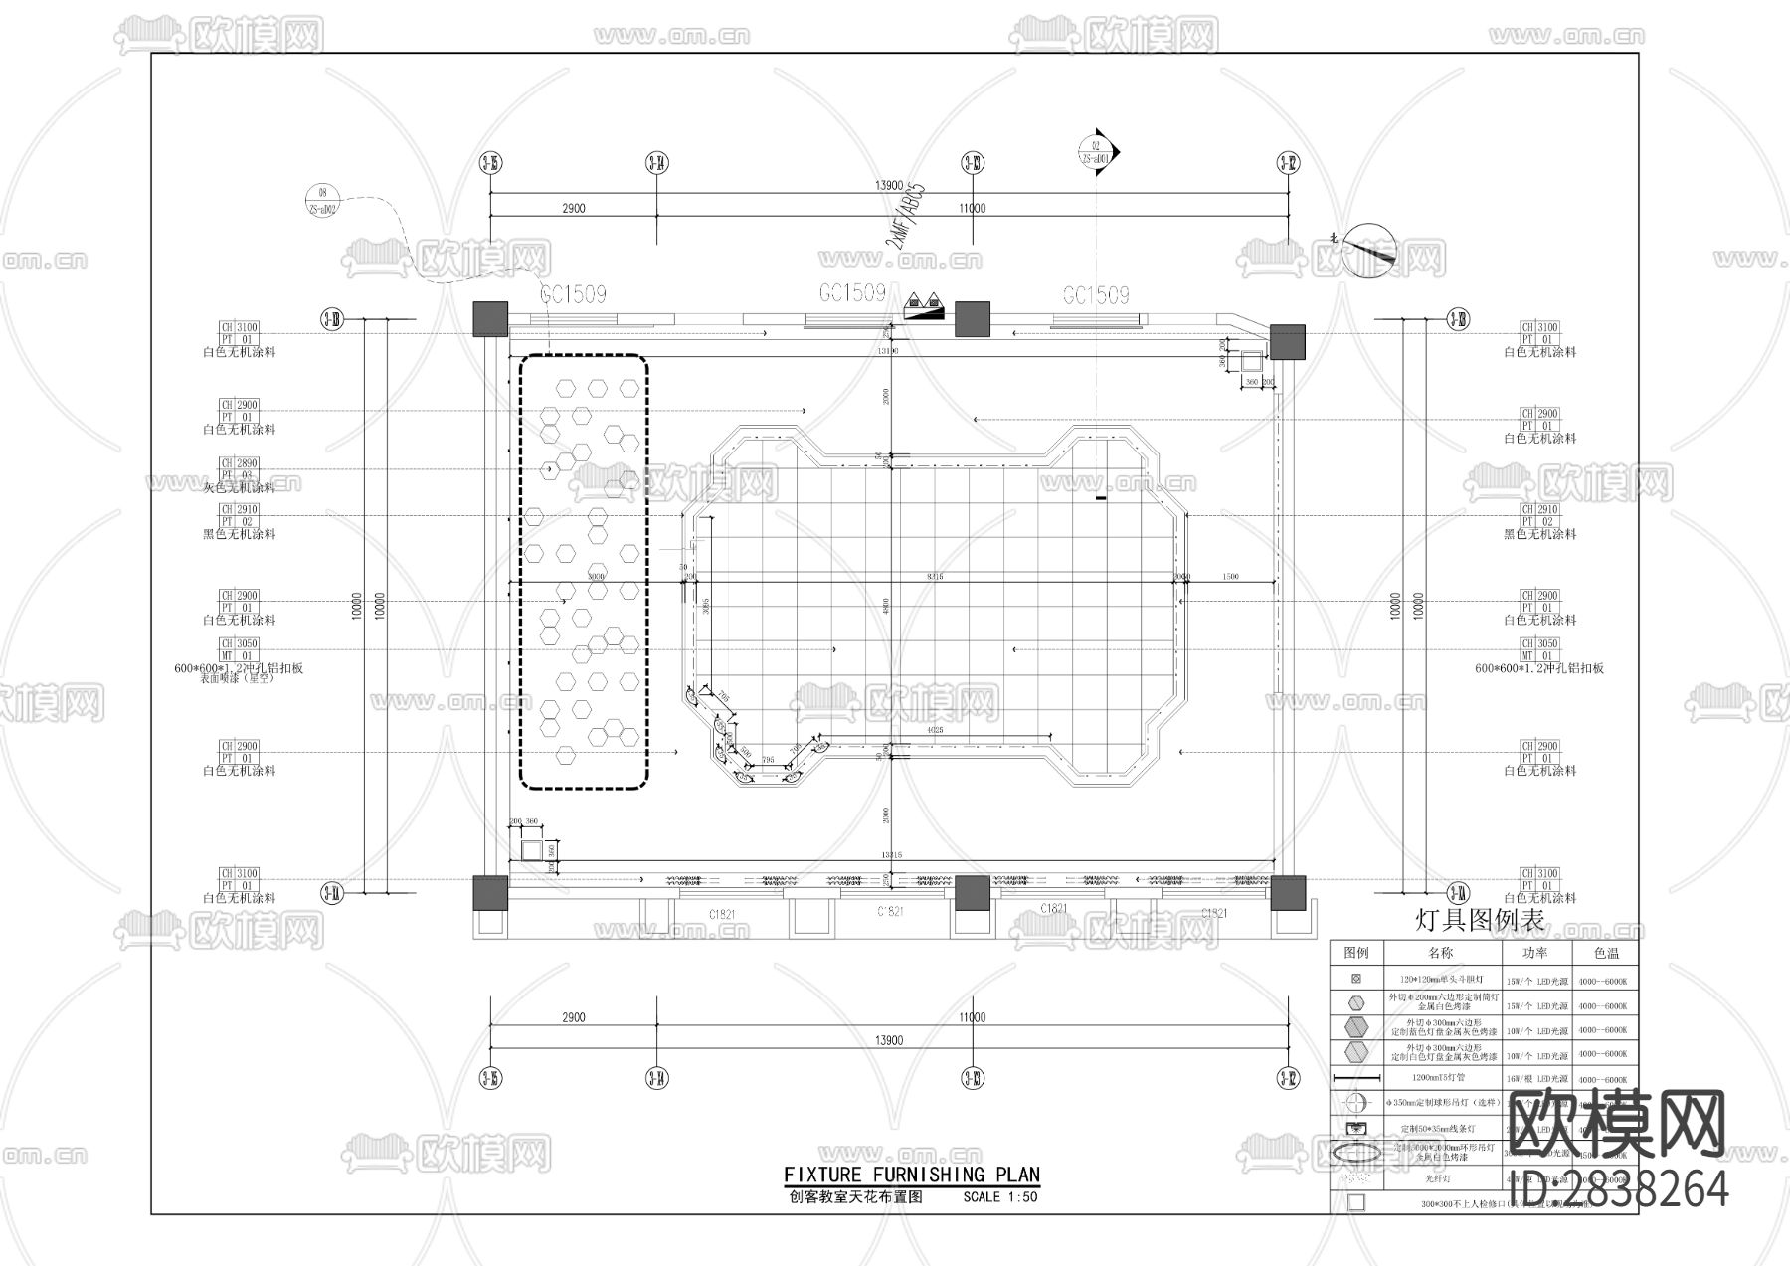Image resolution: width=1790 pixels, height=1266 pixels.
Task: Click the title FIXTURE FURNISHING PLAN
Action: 911,1175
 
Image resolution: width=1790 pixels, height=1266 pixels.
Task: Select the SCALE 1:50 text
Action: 999,1197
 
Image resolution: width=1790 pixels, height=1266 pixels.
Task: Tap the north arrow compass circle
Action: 1369,251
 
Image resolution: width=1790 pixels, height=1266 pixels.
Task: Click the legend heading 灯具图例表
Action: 1479,921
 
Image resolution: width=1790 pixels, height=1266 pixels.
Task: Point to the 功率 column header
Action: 1533,953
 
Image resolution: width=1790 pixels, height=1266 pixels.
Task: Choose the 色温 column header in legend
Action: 1606,953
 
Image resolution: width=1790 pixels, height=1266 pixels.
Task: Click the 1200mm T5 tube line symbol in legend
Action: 1356,1078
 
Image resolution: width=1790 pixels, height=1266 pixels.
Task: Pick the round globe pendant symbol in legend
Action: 1356,1103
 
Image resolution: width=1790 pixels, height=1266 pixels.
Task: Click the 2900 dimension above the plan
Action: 573,208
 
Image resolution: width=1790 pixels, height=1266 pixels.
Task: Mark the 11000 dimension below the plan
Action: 972,1017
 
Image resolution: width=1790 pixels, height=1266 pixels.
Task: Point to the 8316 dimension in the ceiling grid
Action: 934,576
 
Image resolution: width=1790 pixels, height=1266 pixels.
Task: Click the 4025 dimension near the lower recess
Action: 933,730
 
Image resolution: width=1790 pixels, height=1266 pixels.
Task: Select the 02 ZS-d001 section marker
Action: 1096,152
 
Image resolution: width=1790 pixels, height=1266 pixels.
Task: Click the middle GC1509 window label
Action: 851,293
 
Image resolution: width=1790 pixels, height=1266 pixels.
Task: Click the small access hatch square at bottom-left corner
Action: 532,849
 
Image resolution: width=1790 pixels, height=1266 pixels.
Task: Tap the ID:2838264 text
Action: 1618,1189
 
